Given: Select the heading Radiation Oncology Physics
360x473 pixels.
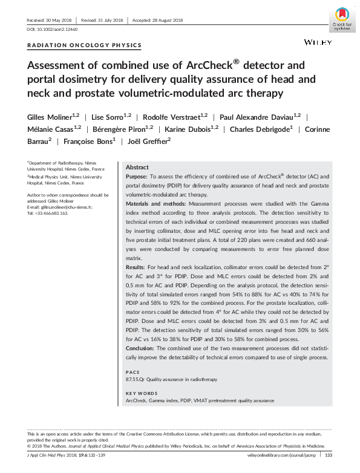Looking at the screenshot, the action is pos(85,45).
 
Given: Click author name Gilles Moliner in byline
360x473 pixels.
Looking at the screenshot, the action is pos(51,116).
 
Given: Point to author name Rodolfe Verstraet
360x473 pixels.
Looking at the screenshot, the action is pos(172,116).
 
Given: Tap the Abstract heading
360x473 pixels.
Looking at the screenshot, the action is pos(136,167).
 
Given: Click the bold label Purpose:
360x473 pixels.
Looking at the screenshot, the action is pos(137,177).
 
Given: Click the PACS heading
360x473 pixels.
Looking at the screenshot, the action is pos(131,371).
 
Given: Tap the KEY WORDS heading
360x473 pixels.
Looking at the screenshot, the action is pos(139,392).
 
